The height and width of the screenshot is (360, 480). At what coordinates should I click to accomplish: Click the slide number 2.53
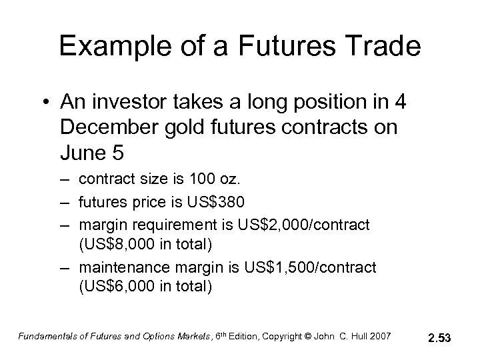click(x=439, y=339)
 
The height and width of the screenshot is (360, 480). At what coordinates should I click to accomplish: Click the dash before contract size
click(x=67, y=179)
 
